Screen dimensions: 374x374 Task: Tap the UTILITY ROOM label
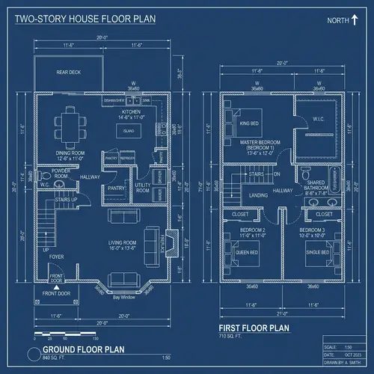click(x=143, y=188)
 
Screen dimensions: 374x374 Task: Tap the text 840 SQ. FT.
click(x=55, y=358)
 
